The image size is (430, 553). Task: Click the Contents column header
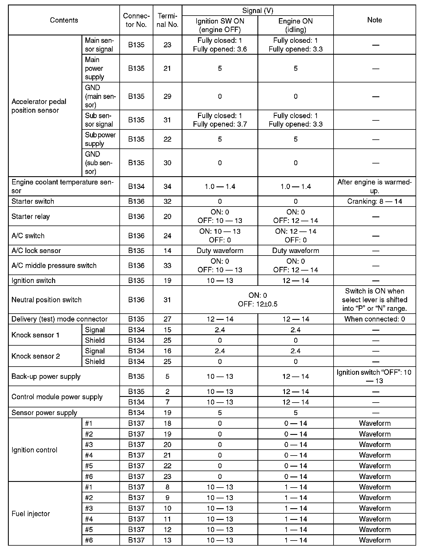click(x=64, y=20)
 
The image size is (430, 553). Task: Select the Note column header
click(x=375, y=20)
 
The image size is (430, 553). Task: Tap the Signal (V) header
click(x=257, y=11)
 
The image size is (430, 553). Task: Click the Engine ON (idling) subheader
click(x=296, y=25)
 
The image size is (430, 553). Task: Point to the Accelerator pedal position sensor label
click(x=39, y=106)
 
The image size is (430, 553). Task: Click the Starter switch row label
click(x=33, y=201)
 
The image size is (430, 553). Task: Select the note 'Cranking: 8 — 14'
click(x=375, y=201)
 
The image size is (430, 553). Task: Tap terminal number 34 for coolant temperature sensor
click(x=167, y=186)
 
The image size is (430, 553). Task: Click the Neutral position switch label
click(x=46, y=300)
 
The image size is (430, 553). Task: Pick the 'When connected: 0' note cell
click(x=375, y=319)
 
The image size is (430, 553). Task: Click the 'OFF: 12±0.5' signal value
click(x=257, y=304)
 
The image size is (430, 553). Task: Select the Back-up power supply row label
click(x=46, y=377)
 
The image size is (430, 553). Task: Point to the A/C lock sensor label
click(x=36, y=251)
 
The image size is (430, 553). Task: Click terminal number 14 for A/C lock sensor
click(x=167, y=251)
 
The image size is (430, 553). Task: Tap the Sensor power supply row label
click(x=44, y=413)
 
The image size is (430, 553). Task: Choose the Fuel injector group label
click(x=31, y=514)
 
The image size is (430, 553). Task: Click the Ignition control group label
click(x=34, y=450)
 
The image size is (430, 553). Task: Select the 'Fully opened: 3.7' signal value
click(x=220, y=124)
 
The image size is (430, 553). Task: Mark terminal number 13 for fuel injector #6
click(x=167, y=540)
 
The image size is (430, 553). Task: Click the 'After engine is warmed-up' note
click(x=375, y=186)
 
